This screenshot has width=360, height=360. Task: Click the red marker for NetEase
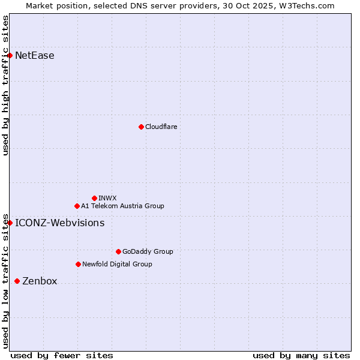[x=10, y=56]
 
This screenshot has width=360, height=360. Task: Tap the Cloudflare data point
[x=141, y=127]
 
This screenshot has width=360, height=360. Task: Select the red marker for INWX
[x=94, y=198]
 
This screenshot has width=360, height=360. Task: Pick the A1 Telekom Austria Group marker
[x=77, y=206]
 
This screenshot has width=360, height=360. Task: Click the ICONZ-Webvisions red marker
[x=10, y=223]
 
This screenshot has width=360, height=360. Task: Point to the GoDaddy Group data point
[x=118, y=251]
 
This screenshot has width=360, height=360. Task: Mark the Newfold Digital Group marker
[x=78, y=264]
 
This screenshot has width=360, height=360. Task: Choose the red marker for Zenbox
[x=17, y=281]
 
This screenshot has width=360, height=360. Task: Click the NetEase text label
[x=35, y=56]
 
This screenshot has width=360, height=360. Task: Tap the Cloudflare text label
[x=161, y=127]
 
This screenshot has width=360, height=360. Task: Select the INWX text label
[x=107, y=198]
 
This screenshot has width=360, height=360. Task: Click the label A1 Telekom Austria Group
[x=122, y=206]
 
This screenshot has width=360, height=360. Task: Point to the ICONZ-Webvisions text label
[x=60, y=223]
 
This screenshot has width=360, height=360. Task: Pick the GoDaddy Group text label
[x=148, y=251]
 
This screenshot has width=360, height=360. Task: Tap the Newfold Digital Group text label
[x=117, y=264]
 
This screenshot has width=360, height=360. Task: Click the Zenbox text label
[x=40, y=281]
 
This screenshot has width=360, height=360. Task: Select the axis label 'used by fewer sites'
[x=62, y=355]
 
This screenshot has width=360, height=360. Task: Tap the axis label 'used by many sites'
[x=301, y=355]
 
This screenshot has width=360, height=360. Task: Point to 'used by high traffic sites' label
[x=6, y=85]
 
